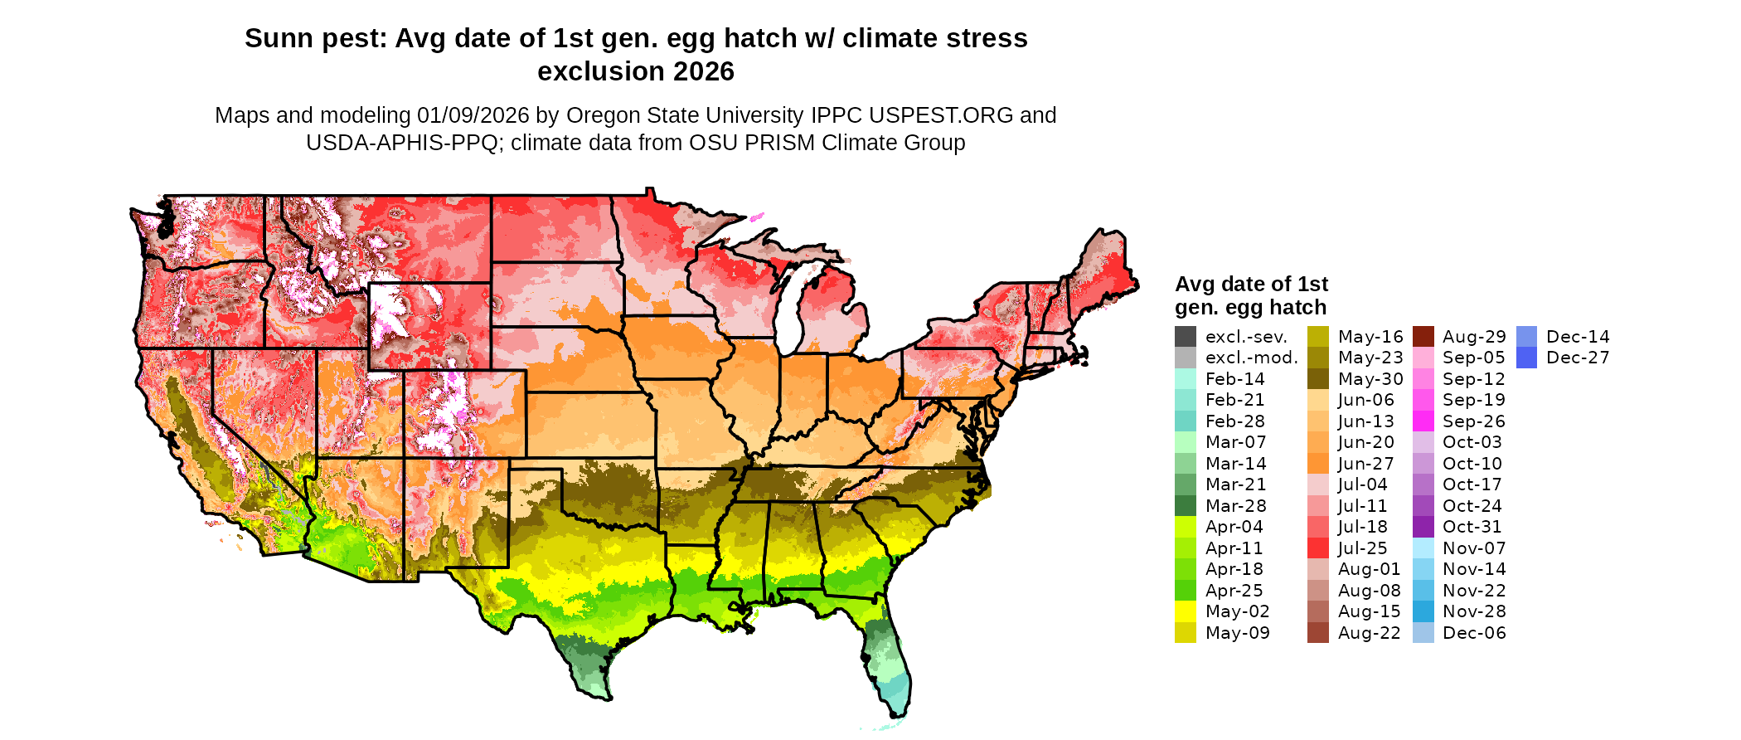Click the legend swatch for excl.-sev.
pyautogui.click(x=1186, y=337)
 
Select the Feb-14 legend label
pyautogui.click(x=1234, y=379)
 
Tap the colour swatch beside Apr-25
pyautogui.click(x=1186, y=591)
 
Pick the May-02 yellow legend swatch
pyautogui.click(x=1186, y=611)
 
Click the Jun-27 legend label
pyautogui.click(x=1366, y=464)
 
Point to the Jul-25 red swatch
pyautogui.click(x=1318, y=548)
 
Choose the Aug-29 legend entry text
pyautogui.click(x=1474, y=337)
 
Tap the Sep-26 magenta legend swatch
pyautogui.click(x=1423, y=421)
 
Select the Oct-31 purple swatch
pyautogui.click(x=1423, y=527)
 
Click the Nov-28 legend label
pyautogui.click(x=1474, y=611)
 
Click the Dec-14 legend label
pyautogui.click(x=1578, y=337)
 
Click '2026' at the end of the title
pyautogui.click(x=704, y=71)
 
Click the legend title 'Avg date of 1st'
pyautogui.click(x=1251, y=284)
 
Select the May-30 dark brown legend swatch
pyautogui.click(x=1318, y=379)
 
